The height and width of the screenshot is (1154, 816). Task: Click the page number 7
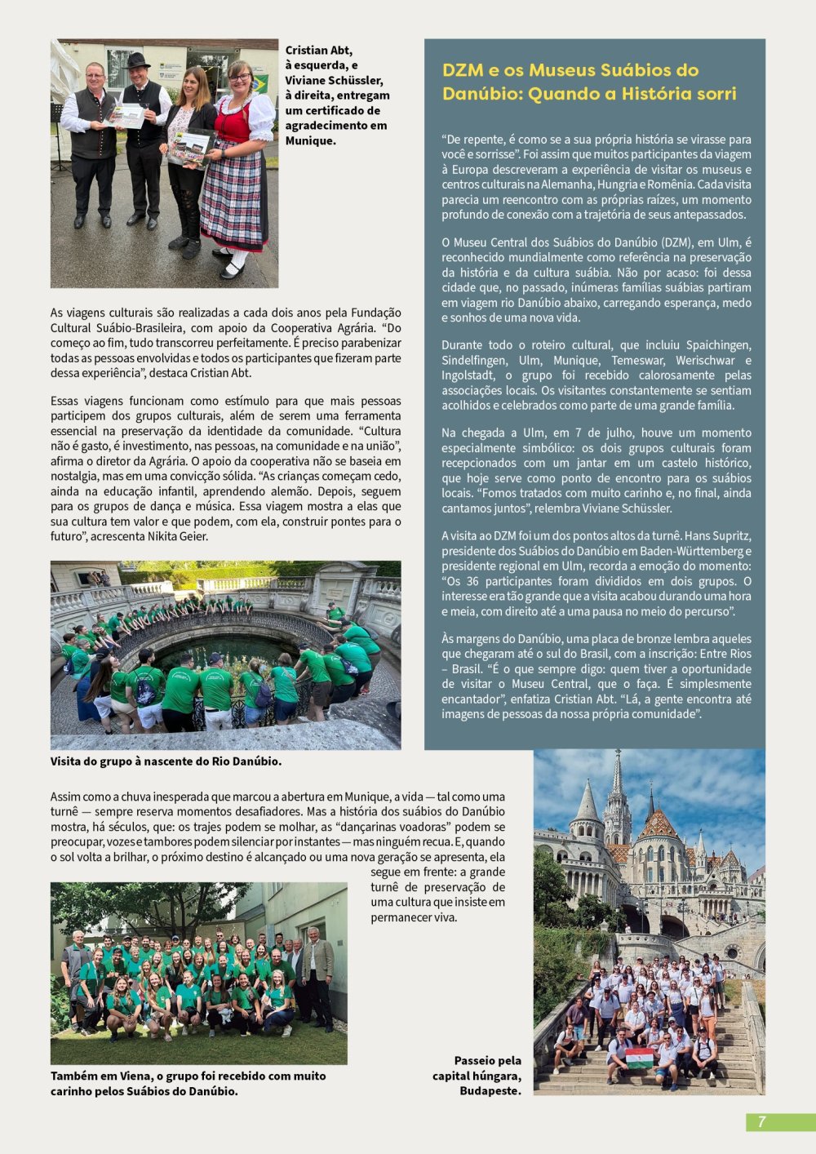761,1122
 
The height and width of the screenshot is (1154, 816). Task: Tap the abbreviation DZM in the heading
463,70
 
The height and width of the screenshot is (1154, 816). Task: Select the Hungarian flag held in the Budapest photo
639,1058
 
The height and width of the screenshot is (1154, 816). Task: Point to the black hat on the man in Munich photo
138,60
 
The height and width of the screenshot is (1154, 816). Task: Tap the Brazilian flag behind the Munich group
260,82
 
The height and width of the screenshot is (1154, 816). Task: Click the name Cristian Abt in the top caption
319,51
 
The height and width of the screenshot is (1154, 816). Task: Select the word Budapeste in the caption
490,1090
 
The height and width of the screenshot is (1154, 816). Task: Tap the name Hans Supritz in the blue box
718,536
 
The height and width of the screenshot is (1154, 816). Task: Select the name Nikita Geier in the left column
178,536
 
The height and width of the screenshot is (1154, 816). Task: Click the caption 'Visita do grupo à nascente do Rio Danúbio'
166,761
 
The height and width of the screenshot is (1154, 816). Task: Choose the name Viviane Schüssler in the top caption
334,80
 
